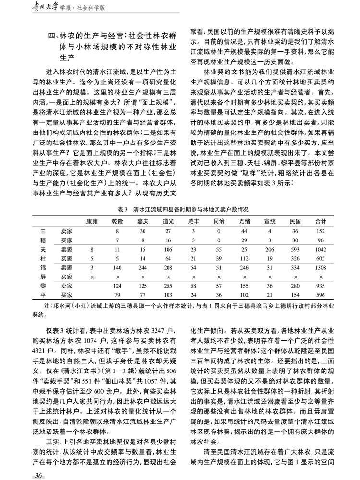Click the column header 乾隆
coord(117,222)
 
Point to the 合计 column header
coord(319,222)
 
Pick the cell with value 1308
coord(319,267)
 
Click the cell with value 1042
coord(319,249)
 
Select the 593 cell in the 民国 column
coord(295,249)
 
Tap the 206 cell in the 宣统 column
coord(269,249)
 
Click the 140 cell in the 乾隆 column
coord(117,267)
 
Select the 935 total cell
coord(319,286)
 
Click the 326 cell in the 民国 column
coord(295,258)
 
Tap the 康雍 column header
coord(91,222)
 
